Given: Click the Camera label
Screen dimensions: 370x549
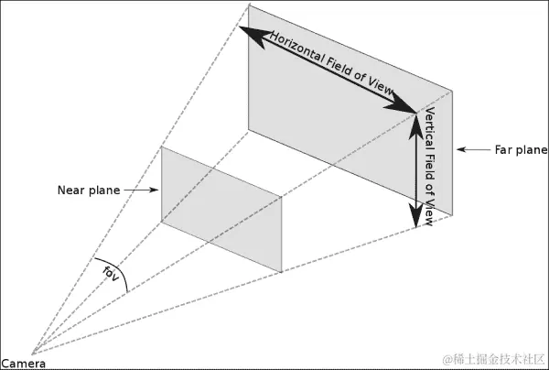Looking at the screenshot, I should [x=18, y=363].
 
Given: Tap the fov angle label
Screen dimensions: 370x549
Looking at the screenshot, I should [x=112, y=272].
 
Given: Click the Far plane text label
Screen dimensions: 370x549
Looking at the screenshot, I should [x=520, y=149].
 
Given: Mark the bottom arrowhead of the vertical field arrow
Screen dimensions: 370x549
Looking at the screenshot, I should [x=415, y=218].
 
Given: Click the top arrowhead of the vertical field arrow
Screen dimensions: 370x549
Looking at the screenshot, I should [x=415, y=117].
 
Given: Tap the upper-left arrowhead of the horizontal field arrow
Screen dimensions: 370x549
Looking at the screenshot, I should [x=250, y=31].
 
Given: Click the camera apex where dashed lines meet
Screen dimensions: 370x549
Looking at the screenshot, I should [x=32, y=354].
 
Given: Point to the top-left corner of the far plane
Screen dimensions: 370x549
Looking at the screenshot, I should [x=249, y=6].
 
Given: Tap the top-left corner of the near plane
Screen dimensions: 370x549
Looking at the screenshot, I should [x=162, y=147].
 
